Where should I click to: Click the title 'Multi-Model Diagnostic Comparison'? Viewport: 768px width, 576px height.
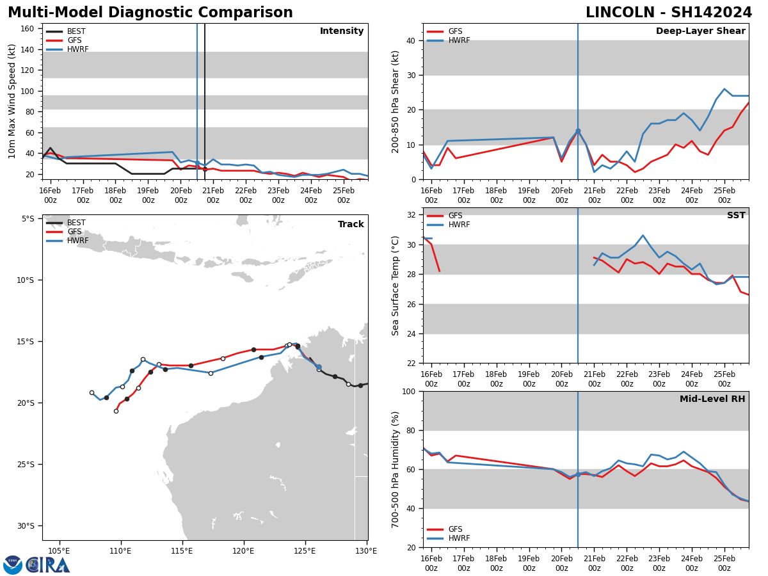[150, 13]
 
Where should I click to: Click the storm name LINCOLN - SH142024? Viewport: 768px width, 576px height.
[669, 13]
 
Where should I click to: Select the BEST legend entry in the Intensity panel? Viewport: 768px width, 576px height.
[76, 31]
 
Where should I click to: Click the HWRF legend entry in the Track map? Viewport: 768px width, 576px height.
[77, 241]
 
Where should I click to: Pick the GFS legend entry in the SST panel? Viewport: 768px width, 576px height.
[455, 216]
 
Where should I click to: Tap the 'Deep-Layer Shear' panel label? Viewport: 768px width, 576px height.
[700, 31]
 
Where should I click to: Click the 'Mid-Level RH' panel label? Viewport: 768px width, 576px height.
[712, 399]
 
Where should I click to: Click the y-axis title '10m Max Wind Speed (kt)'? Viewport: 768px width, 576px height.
[12, 101]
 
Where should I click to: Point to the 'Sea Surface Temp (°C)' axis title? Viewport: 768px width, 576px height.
[396, 285]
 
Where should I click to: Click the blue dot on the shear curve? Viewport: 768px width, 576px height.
[578, 131]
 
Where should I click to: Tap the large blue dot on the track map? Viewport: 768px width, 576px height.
[319, 367]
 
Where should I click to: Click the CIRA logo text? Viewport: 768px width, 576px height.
[49, 565]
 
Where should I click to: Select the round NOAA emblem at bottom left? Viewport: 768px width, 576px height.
[13, 565]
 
